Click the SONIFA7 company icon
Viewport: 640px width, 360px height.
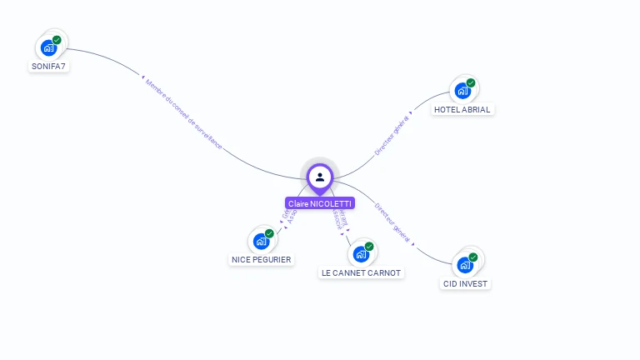[x=48, y=48]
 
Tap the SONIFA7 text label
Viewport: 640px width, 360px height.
[x=48, y=66]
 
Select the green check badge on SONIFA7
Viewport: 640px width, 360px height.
[x=57, y=40]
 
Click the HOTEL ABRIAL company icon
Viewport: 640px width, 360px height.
[x=462, y=91]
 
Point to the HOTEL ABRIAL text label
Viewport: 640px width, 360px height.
[x=462, y=109]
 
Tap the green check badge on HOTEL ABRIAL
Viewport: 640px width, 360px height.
[x=471, y=82]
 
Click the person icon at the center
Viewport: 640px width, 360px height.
[x=320, y=177]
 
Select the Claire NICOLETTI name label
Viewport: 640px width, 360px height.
[x=320, y=203]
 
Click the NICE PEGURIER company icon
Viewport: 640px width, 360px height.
[x=261, y=242]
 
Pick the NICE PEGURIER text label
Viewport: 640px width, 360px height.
[x=262, y=259]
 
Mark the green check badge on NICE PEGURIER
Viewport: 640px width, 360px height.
[x=269, y=233]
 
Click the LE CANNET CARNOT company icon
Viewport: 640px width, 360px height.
[x=361, y=254]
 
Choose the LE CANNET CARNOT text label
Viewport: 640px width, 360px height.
[x=362, y=272]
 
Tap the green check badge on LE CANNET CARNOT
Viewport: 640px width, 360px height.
[x=369, y=247]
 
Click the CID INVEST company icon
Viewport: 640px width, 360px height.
[x=465, y=265]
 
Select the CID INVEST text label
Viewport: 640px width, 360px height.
[x=466, y=283]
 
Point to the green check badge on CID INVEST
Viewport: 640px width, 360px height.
[x=473, y=257]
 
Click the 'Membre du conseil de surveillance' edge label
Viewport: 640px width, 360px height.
[x=184, y=114]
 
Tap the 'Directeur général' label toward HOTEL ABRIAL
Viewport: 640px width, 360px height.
[x=392, y=134]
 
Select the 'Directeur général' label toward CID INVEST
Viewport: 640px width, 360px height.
[x=392, y=222]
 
